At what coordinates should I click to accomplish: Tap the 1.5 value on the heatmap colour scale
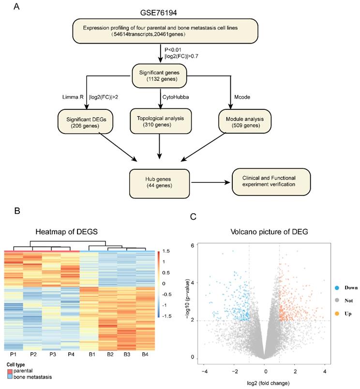[166, 251]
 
